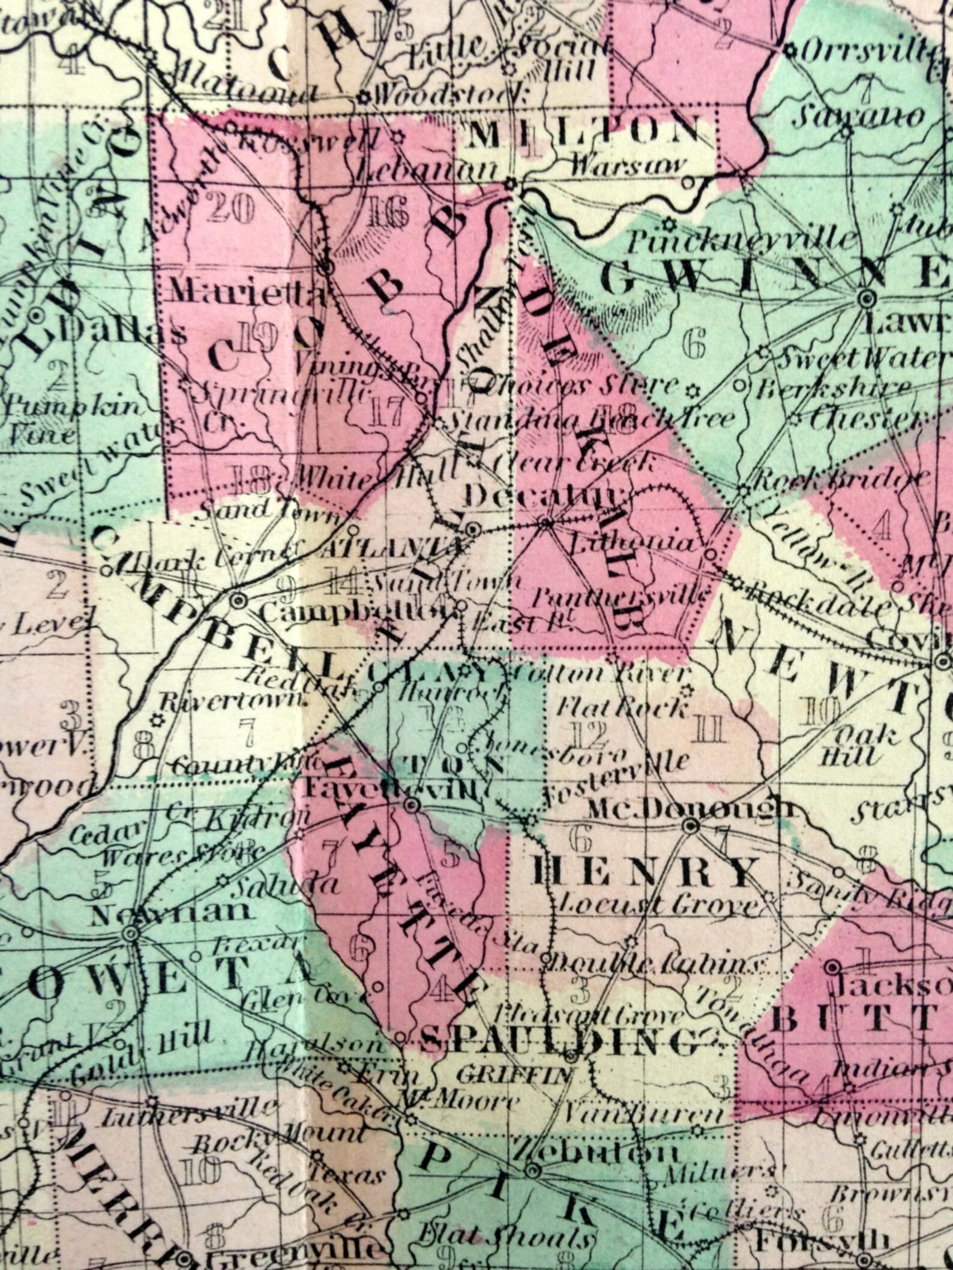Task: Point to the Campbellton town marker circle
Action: tap(238, 599)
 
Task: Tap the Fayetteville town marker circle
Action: tap(412, 805)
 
